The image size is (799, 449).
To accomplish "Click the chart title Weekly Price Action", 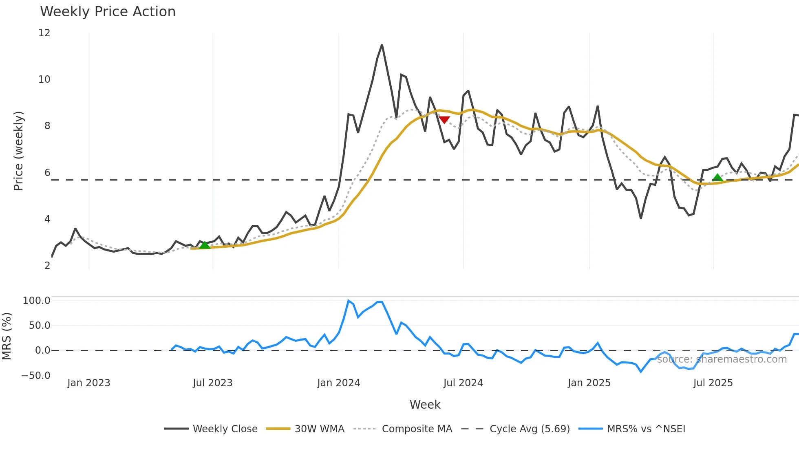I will point(108,11).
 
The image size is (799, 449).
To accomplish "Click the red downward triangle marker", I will point(444,120).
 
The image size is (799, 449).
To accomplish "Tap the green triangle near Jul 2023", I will point(205,244).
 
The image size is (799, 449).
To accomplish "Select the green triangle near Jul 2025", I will point(717,177).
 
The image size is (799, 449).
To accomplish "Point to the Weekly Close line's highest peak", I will point(382,45).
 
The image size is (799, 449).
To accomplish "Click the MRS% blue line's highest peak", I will point(349,301).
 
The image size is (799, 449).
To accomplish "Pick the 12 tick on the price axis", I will point(44,33).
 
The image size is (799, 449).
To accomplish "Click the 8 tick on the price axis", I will point(47,126).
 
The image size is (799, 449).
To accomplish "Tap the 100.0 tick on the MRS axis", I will point(36,301).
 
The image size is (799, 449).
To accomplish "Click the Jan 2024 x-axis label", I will point(338,383).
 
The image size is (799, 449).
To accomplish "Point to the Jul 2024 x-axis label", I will point(463,383).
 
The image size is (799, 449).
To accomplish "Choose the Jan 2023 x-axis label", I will point(88,383).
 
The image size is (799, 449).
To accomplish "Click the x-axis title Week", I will point(425,405).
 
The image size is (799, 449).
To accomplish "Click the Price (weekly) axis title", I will point(18,151).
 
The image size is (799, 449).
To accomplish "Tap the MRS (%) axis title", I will point(7,336).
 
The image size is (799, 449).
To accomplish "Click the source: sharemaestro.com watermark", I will point(722,359).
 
